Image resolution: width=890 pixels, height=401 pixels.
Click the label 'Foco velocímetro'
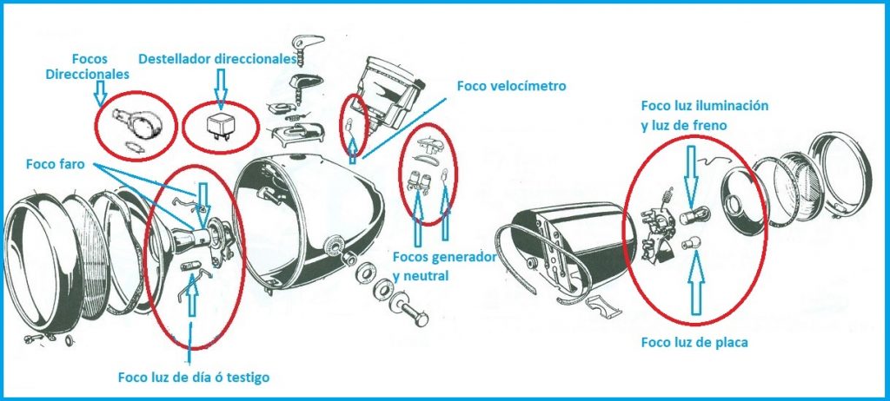(x=511, y=86)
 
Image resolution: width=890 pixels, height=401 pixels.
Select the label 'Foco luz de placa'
(x=694, y=343)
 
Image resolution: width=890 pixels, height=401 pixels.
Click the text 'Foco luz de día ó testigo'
(x=194, y=378)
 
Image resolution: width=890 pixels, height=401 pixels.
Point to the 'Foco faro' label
(x=55, y=164)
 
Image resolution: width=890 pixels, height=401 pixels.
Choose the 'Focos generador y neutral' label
(x=444, y=266)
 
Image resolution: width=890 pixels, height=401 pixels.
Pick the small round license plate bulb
(x=689, y=245)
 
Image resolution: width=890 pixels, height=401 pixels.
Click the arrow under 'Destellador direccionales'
(x=221, y=89)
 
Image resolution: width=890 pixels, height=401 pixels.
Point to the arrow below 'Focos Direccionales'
(x=101, y=94)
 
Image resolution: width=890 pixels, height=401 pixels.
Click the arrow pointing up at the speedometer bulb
(x=354, y=150)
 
